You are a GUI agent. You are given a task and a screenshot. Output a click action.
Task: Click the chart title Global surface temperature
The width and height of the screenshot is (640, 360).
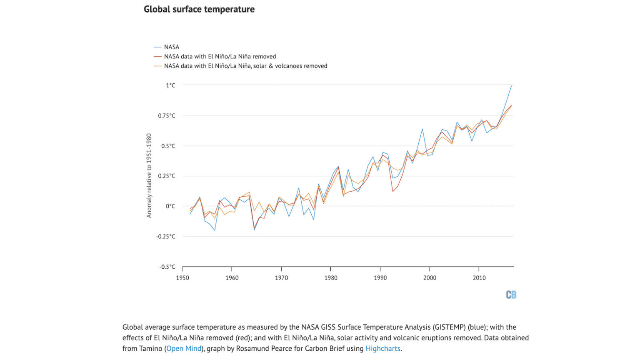point(199,9)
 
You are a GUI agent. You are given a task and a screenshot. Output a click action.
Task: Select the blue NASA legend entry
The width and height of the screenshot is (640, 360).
point(171,47)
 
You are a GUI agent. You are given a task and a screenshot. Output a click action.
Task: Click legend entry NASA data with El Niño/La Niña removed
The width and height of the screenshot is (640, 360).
point(220,57)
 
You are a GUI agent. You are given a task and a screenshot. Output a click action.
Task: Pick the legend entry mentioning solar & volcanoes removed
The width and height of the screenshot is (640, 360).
point(245,66)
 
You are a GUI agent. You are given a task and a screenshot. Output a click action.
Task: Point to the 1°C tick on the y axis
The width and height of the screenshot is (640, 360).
point(170,85)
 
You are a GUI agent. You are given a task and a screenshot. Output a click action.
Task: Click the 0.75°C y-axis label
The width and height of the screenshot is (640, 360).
point(167,116)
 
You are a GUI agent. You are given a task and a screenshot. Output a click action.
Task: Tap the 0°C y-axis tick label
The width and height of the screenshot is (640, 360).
point(170,206)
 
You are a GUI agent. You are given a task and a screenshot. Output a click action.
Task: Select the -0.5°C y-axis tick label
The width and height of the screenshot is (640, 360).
point(167,267)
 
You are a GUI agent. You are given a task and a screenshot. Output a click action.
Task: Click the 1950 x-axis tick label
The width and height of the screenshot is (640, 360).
point(182,278)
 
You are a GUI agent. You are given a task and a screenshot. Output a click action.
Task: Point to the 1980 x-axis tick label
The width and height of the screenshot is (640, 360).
point(331,278)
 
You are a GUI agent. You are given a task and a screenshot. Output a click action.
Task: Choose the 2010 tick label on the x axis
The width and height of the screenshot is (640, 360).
point(479,278)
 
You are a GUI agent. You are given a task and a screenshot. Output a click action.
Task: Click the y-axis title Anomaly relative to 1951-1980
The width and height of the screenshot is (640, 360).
point(149,175)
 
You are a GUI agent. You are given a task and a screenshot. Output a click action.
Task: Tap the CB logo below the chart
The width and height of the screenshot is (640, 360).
point(511,295)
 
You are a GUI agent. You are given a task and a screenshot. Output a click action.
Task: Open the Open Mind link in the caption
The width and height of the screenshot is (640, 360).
point(184,349)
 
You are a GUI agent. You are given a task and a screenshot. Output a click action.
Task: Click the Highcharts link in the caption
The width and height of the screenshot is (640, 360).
point(382,349)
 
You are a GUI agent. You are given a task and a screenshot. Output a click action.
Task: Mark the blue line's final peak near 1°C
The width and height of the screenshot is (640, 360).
point(511,86)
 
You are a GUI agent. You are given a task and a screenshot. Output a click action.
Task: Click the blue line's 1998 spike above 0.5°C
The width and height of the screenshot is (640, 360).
point(422,129)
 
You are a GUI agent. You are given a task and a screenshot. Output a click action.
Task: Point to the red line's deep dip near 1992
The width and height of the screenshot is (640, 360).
point(392,191)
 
